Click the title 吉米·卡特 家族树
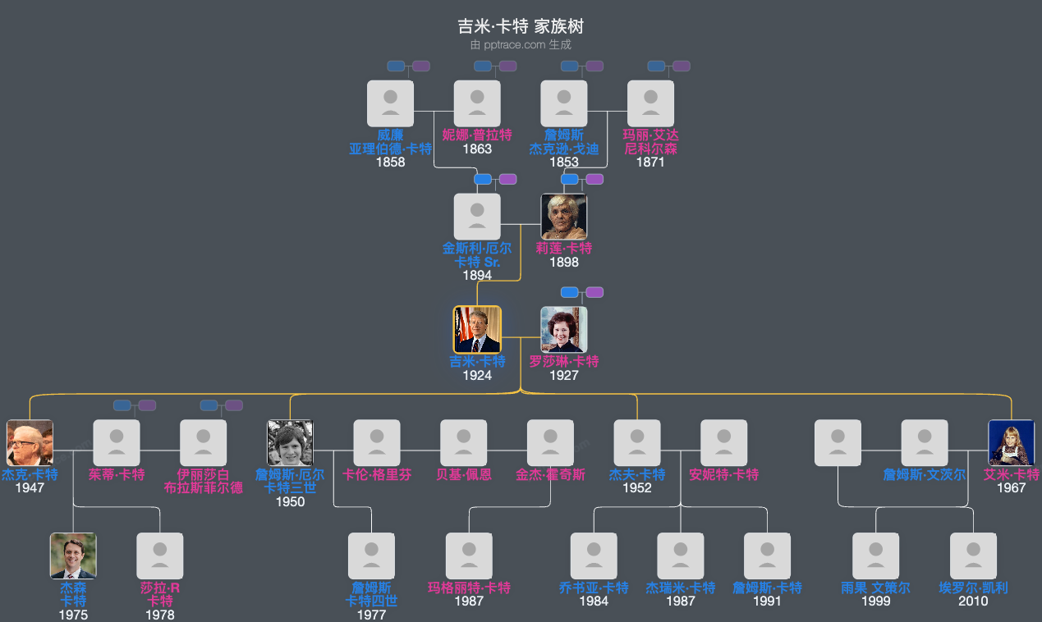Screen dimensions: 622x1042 [x=521, y=27]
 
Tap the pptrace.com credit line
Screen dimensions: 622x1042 [x=521, y=45]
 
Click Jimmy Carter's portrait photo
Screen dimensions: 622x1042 [x=477, y=330]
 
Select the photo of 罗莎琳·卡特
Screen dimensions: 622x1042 [x=564, y=330]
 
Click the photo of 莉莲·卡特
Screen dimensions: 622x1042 [x=564, y=217]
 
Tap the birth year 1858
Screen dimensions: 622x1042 [x=391, y=162]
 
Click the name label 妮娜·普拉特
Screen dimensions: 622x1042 [x=477, y=135]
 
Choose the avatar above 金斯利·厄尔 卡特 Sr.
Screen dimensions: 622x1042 [x=477, y=217]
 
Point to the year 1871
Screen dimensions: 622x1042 [x=650, y=162]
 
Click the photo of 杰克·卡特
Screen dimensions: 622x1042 [x=30, y=443]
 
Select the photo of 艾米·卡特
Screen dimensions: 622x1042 [x=1011, y=443]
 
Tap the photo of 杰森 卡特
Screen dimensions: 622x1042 [x=73, y=556]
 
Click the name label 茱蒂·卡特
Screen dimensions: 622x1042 [x=117, y=475]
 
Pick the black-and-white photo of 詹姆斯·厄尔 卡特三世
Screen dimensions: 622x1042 [x=290, y=443]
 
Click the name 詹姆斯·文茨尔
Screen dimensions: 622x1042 [x=925, y=475]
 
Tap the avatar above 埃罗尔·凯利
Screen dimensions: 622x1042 [x=973, y=556]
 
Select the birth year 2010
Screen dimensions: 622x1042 [x=973, y=601]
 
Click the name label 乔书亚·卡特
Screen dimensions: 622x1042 [x=594, y=588]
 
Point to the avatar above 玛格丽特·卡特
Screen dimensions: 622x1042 [x=469, y=556]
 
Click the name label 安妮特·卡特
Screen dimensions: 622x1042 [x=724, y=475]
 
